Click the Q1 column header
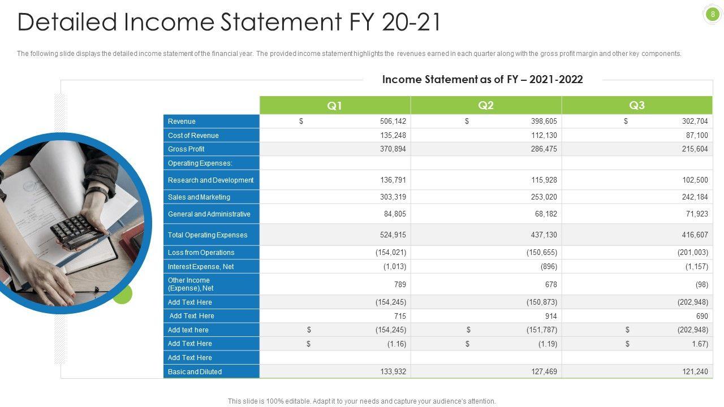pos(335,106)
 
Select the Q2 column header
pos(486,106)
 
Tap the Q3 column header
pos(637,106)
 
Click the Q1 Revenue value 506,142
pos(393,122)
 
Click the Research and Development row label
pos(210,180)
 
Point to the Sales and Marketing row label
pos(199,197)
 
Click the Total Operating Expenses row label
pos(208,235)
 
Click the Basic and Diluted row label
pos(195,372)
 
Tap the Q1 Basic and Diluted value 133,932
pos(393,372)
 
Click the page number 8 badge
pos(713,14)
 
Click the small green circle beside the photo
pos(122,294)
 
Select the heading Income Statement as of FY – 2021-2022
pos(482,80)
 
